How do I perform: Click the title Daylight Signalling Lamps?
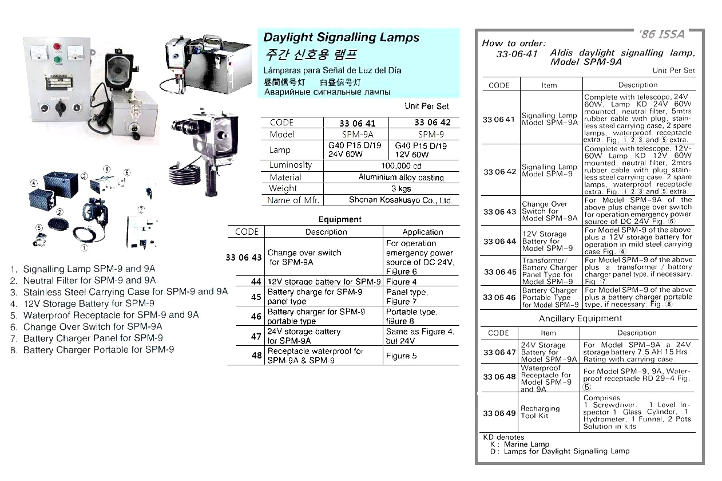point(341,38)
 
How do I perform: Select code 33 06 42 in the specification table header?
point(433,123)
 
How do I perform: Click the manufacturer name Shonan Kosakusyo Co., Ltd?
point(400,200)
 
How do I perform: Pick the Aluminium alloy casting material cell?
point(401,178)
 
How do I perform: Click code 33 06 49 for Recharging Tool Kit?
point(499,413)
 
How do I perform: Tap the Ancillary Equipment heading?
point(580,318)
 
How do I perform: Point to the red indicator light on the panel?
point(57,46)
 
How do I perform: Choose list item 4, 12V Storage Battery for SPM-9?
point(82,303)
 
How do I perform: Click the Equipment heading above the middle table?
point(340,219)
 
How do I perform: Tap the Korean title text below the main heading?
point(311,56)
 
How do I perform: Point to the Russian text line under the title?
point(327,92)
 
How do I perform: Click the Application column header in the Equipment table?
point(422,232)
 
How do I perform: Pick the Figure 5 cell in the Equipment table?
point(401,356)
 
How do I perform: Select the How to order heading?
point(514,43)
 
